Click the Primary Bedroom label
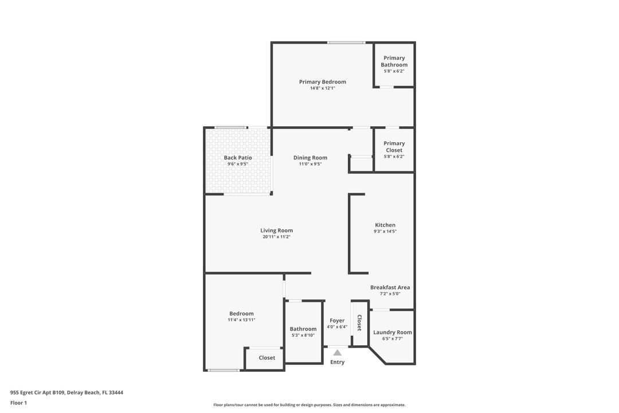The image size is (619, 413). (322, 82)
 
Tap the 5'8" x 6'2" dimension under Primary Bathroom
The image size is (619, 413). (394, 71)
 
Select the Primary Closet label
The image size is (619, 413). (394, 147)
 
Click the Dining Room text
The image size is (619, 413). (310, 158)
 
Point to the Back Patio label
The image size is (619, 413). (237, 158)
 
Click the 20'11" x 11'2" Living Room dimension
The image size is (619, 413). (277, 237)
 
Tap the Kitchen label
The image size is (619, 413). (385, 225)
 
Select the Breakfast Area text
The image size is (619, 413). (390, 287)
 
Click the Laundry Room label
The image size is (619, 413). (392, 332)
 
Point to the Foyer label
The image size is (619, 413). (337, 321)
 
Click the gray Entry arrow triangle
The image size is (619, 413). (338, 353)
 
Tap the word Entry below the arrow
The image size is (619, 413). (338, 362)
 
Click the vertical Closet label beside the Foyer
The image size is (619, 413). (359, 323)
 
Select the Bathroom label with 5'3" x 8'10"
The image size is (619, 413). (303, 329)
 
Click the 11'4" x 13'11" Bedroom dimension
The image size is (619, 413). (241, 320)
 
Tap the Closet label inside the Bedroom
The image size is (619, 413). (267, 357)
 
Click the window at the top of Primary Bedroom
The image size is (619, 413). (346, 42)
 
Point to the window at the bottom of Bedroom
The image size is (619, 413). (224, 370)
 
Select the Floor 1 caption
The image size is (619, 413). (18, 403)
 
